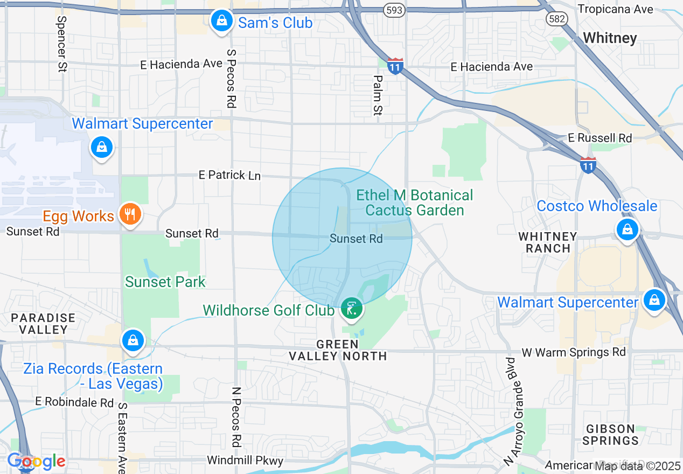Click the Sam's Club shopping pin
[x=221, y=22]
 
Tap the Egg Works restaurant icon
[x=129, y=214]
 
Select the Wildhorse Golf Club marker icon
[x=352, y=309]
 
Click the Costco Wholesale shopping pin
[x=628, y=229]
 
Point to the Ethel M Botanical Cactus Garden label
[x=415, y=203]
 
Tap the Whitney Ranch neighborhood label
[x=548, y=242]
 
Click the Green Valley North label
[x=338, y=350]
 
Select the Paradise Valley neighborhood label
[x=43, y=323]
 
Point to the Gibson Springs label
[x=611, y=435]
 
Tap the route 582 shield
[x=556, y=19]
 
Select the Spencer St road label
[x=61, y=43]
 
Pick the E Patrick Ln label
[x=229, y=175]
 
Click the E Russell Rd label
[x=600, y=138]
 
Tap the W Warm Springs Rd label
[x=574, y=352]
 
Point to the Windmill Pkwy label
[x=245, y=461]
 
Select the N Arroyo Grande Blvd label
[x=515, y=409]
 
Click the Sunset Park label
[x=165, y=282]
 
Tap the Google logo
[x=36, y=462]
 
